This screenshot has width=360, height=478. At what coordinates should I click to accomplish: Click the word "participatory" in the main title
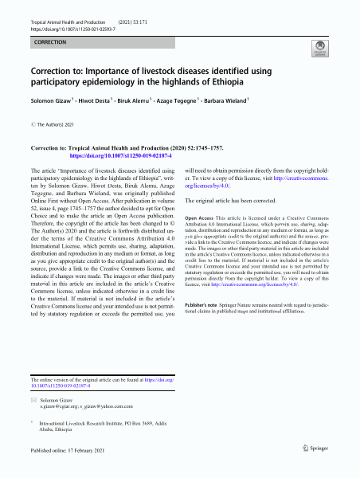coord(57,81)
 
